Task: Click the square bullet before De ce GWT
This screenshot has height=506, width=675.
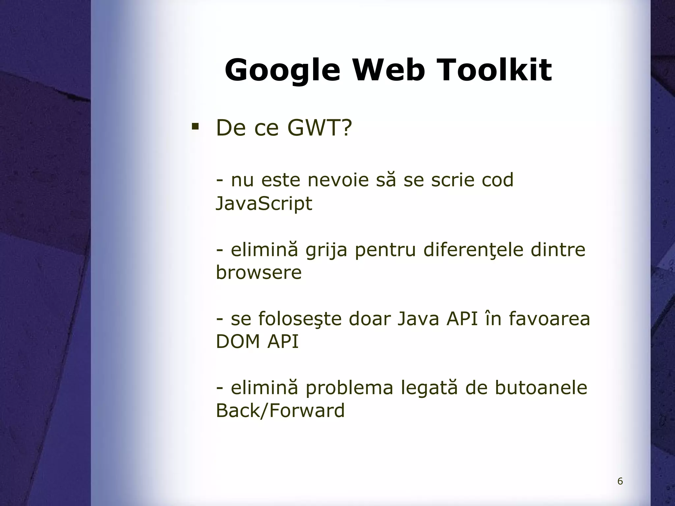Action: point(195,126)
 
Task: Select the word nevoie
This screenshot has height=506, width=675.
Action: point(337,181)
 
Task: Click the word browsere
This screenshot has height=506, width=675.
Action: point(259,273)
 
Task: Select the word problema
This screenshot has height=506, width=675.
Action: point(349,388)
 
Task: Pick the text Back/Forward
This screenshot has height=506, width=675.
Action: point(280,411)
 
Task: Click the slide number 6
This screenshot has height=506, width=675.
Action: point(620,481)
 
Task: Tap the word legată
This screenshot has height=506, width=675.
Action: point(429,388)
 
